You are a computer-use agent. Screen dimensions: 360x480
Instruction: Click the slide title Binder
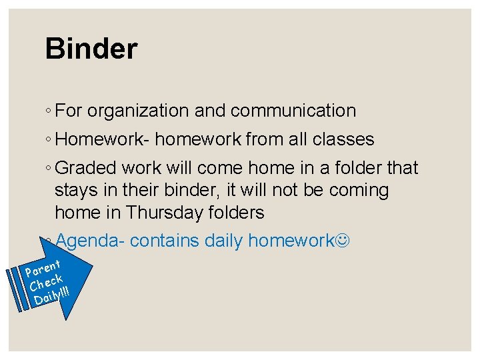[91, 49]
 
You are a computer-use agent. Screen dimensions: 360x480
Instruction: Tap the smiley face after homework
[342, 240]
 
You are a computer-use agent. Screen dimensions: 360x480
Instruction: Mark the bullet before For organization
[50, 111]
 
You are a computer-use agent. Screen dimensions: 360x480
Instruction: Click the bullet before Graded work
[50, 169]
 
